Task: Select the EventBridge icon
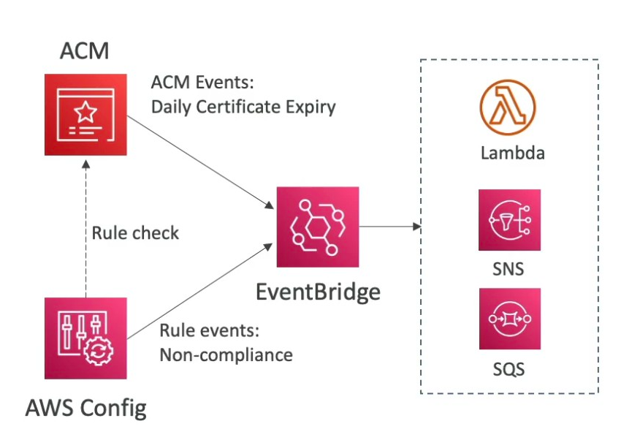point(317,228)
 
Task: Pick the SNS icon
point(509,220)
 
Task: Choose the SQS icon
point(509,319)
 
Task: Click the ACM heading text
point(85,52)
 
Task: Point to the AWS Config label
point(85,406)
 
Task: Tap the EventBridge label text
point(318,292)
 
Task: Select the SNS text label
point(509,269)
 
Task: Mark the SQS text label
point(509,368)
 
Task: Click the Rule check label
point(135,234)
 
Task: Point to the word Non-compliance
point(226,355)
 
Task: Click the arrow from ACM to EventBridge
point(201,160)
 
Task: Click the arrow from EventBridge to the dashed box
point(390,227)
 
